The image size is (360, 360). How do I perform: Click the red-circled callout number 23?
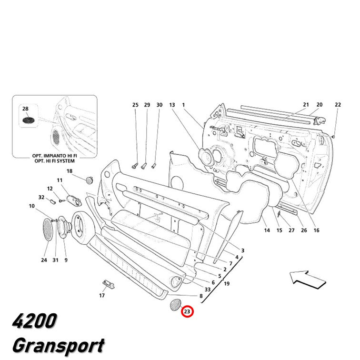[187, 311]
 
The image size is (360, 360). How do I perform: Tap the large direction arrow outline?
[308, 279]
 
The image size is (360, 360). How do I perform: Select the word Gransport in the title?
[59, 346]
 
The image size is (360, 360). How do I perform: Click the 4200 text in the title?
[34, 320]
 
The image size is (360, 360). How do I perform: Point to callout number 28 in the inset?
[25, 109]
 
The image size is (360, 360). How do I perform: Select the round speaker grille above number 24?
[48, 230]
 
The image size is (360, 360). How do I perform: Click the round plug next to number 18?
[89, 180]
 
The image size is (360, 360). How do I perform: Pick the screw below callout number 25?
[135, 166]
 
